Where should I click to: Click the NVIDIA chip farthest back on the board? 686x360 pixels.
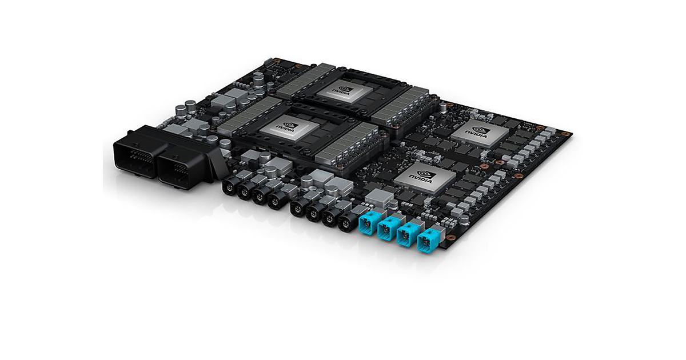click(345, 91)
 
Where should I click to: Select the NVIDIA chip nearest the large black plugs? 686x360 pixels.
click(289, 128)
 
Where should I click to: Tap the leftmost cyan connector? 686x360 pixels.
click(370, 222)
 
